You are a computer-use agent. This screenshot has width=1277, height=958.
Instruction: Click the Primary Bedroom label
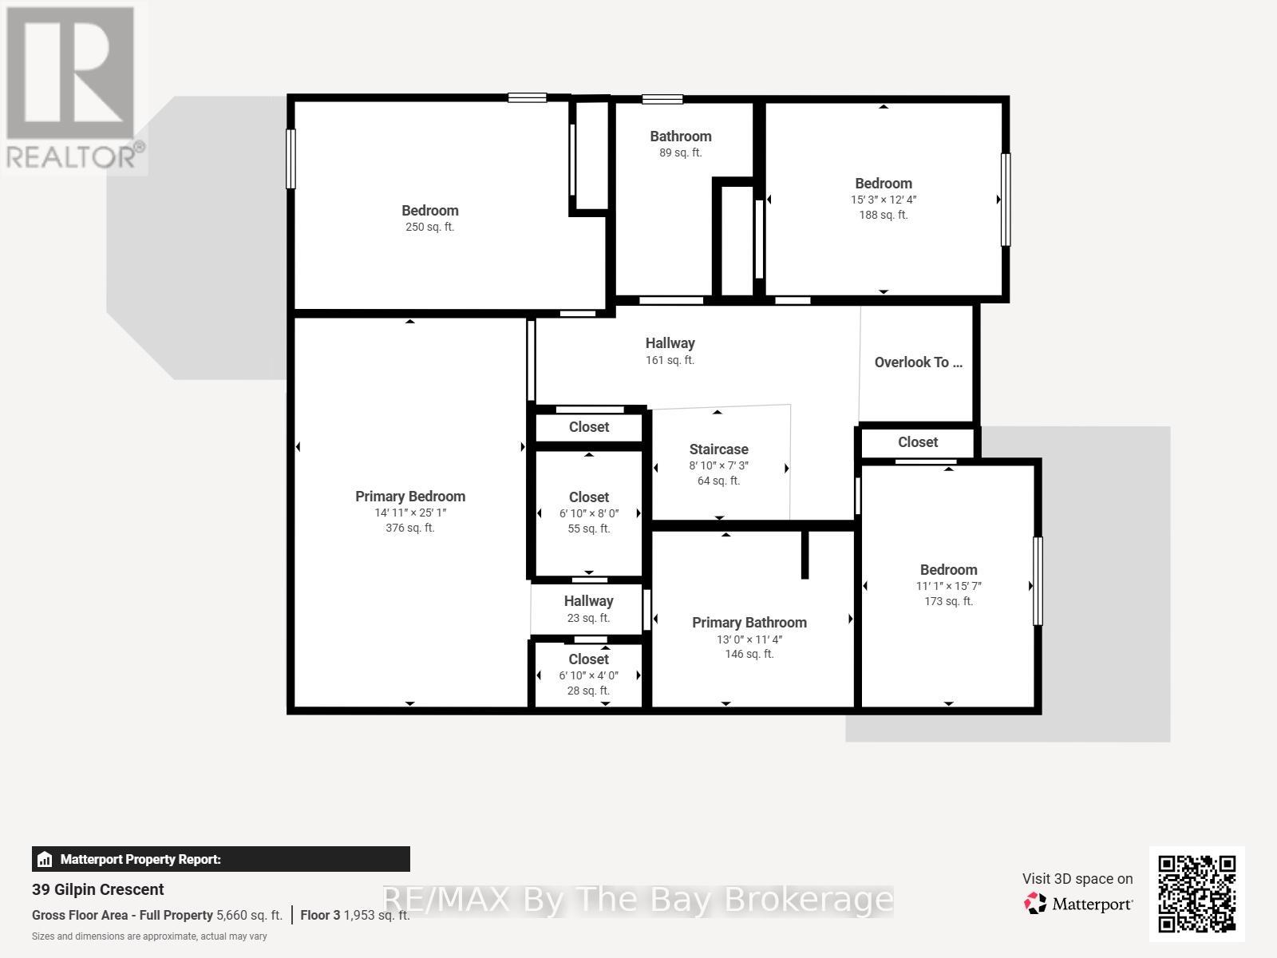(x=410, y=496)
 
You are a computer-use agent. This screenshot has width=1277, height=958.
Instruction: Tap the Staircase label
(x=718, y=449)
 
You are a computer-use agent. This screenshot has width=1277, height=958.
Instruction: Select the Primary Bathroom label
(x=749, y=623)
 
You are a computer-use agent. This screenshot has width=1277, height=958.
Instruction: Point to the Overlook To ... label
(x=918, y=362)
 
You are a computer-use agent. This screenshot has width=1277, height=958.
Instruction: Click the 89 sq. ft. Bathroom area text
(x=680, y=152)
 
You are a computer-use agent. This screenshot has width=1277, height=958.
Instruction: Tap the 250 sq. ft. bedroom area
(x=429, y=227)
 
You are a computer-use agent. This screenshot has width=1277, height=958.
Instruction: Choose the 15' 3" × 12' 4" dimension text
(x=884, y=200)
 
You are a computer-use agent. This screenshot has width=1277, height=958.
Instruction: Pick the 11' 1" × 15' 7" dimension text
(x=948, y=586)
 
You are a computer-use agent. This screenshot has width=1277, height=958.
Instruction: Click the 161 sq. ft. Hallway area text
(x=670, y=360)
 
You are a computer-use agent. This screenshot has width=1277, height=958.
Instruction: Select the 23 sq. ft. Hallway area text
(x=588, y=618)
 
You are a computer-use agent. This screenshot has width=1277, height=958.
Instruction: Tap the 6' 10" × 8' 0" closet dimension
(x=589, y=513)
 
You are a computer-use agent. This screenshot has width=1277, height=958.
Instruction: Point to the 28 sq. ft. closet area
(x=588, y=691)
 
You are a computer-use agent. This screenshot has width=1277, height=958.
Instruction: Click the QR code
(x=1196, y=894)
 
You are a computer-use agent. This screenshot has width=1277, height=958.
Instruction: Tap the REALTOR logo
(x=74, y=88)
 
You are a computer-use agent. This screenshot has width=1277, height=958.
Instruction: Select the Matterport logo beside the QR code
(x=1078, y=904)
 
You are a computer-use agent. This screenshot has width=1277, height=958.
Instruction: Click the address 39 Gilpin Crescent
(x=97, y=889)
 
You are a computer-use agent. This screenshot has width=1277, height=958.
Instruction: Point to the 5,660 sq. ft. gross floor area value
(x=249, y=915)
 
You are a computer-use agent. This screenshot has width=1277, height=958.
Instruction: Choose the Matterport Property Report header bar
(x=220, y=859)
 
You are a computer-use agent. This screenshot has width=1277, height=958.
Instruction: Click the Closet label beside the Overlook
(x=918, y=442)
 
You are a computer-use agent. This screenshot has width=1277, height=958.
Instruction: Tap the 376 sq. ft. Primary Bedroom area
(x=409, y=528)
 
